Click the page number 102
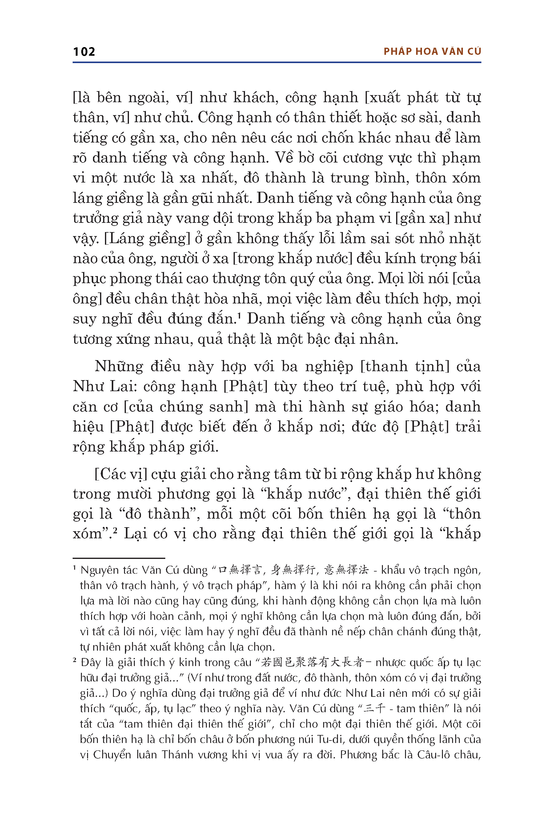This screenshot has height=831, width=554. [x=84, y=52]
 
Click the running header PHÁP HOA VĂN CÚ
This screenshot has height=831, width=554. [x=432, y=52]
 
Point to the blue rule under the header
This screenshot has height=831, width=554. [x=277, y=62]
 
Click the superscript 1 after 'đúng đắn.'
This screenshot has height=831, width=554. [x=239, y=315]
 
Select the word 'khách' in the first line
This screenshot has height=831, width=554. [x=254, y=98]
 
